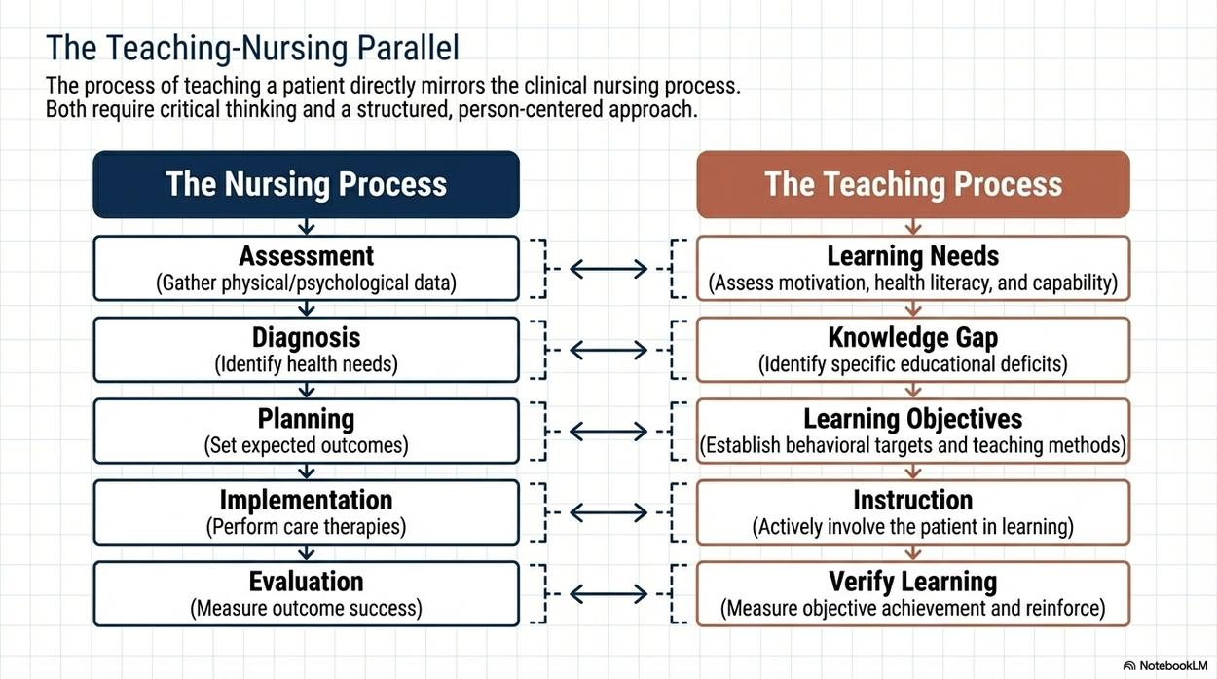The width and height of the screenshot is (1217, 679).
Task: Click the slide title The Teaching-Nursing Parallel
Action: click(252, 48)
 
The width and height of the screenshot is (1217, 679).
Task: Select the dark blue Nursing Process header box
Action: click(307, 184)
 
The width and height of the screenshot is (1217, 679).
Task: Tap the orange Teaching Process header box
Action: click(913, 184)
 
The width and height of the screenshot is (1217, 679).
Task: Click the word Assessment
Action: click(307, 256)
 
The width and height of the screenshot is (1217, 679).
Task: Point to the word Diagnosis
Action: click(307, 338)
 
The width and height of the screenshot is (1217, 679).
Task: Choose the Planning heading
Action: click(307, 419)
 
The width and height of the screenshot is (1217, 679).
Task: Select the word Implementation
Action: click(307, 500)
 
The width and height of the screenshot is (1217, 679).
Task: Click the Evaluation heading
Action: click(307, 582)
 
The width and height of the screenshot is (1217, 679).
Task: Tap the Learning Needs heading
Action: click(913, 256)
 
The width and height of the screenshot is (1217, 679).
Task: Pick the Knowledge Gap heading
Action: click(913, 338)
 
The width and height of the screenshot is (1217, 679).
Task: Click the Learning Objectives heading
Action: click(913, 419)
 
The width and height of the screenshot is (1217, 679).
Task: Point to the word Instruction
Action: click(913, 500)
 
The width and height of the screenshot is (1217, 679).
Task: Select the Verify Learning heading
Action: click(913, 582)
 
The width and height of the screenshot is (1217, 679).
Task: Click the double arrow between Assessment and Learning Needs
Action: click(608, 269)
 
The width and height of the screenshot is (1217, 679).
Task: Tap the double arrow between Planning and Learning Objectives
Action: click(608, 432)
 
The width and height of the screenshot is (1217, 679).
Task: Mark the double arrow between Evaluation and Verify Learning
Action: click(608, 594)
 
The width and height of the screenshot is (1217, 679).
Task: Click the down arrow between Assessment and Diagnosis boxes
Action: click(307, 309)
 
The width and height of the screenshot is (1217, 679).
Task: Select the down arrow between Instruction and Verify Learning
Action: click(913, 553)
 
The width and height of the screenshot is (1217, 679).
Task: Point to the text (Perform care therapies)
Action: click(307, 527)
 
